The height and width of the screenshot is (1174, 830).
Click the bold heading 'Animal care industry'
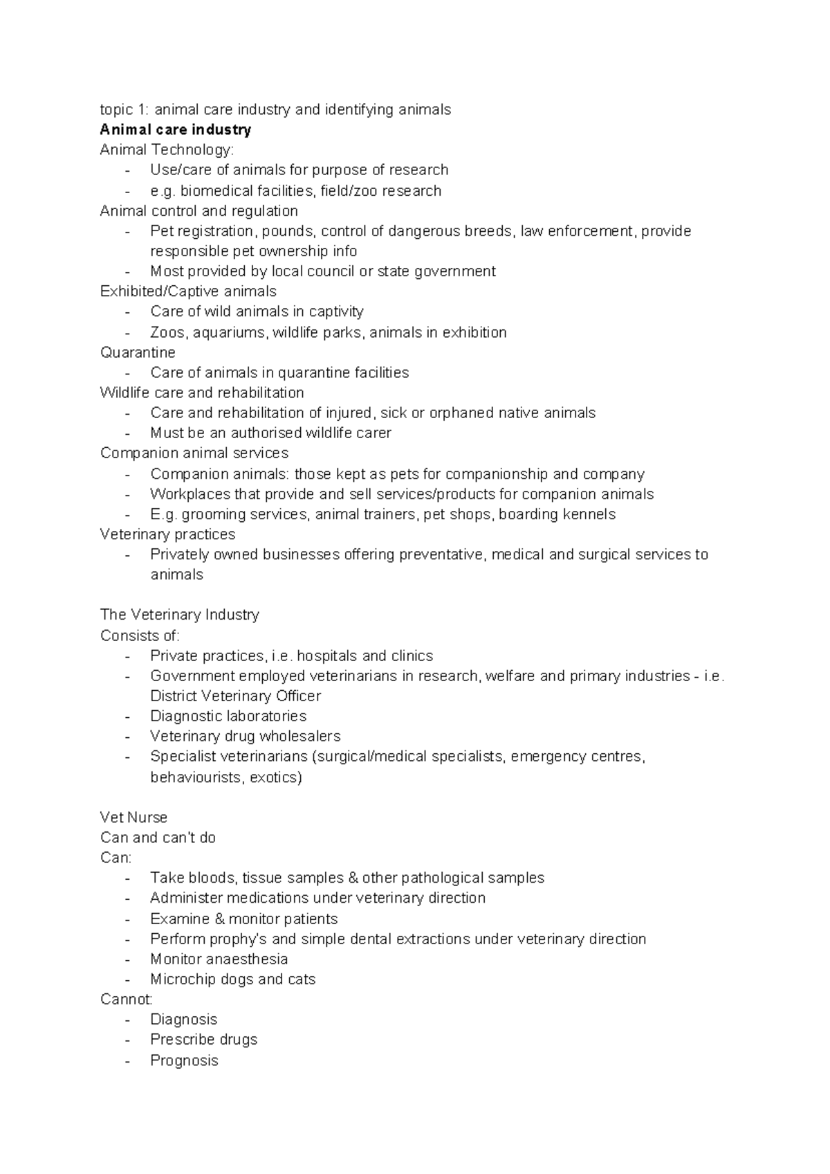pos(176,130)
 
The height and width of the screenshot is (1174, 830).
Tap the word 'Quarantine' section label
pos(138,352)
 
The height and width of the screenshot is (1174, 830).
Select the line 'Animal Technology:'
pos(167,150)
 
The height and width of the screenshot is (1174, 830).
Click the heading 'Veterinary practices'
pos(167,534)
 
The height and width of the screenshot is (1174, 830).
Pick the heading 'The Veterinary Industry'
pos(180,615)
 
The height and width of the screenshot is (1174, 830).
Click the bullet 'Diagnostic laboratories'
pos(228,716)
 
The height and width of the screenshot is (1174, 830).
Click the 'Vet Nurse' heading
pos(133,818)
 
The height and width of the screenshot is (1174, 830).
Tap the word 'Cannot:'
pos(127,999)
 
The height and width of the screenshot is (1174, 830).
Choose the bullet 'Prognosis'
pos(184,1060)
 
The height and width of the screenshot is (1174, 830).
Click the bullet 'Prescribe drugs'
pos(203,1040)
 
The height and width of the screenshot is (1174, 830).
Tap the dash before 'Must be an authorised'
pos(127,433)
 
